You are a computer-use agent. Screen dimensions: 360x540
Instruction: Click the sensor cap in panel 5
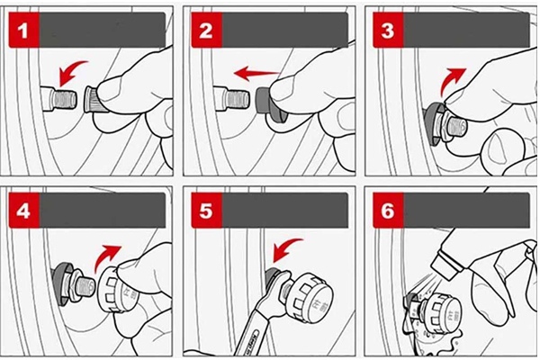[305, 292]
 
